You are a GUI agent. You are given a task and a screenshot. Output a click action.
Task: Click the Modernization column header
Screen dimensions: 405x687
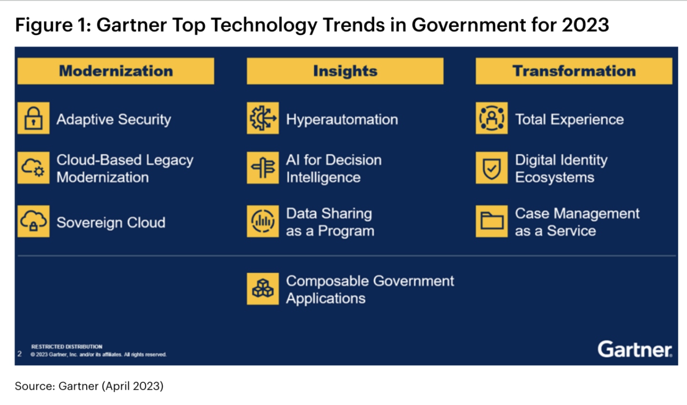click(116, 71)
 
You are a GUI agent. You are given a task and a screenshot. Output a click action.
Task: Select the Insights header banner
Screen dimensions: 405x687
click(345, 71)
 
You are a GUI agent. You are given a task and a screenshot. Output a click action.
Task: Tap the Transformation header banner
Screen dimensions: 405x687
click(574, 71)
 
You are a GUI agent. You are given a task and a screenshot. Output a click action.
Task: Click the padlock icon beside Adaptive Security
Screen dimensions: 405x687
click(33, 118)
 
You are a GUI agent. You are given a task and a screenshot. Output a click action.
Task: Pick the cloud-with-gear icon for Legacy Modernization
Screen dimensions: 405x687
click(33, 168)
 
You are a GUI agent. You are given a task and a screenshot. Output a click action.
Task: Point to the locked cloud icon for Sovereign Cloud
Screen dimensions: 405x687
click(33, 221)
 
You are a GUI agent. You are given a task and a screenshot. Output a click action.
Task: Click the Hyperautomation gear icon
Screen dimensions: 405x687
click(263, 118)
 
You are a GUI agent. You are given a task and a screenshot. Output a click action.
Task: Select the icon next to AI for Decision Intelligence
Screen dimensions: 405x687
click(263, 168)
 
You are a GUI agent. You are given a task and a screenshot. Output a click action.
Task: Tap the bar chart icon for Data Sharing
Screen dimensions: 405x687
click(263, 221)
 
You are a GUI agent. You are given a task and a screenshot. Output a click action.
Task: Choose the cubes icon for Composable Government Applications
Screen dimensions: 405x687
click(263, 288)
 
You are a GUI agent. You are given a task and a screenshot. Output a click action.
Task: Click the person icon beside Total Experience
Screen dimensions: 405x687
click(492, 118)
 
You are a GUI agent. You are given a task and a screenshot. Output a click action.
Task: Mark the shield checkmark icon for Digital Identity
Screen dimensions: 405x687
click(492, 168)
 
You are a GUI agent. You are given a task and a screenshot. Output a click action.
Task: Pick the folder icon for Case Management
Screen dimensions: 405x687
click(492, 221)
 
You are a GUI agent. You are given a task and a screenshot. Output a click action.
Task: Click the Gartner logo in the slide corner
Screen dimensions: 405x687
click(635, 349)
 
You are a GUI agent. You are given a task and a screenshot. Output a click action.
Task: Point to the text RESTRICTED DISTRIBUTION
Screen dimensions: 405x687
click(67, 346)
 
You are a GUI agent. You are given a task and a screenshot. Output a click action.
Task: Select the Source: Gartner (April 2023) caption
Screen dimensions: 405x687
click(89, 385)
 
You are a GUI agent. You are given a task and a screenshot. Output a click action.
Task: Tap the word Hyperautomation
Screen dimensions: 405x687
click(342, 119)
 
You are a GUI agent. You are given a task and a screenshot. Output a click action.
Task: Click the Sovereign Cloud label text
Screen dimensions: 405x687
click(111, 222)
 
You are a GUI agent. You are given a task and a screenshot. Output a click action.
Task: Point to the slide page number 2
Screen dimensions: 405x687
click(20, 354)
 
